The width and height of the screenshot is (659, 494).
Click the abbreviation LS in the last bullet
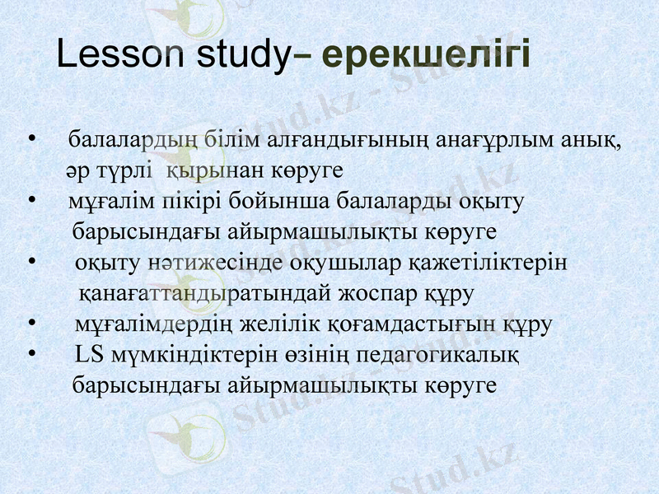coord(86,355)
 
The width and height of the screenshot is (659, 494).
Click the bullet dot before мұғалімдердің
coord(30,323)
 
